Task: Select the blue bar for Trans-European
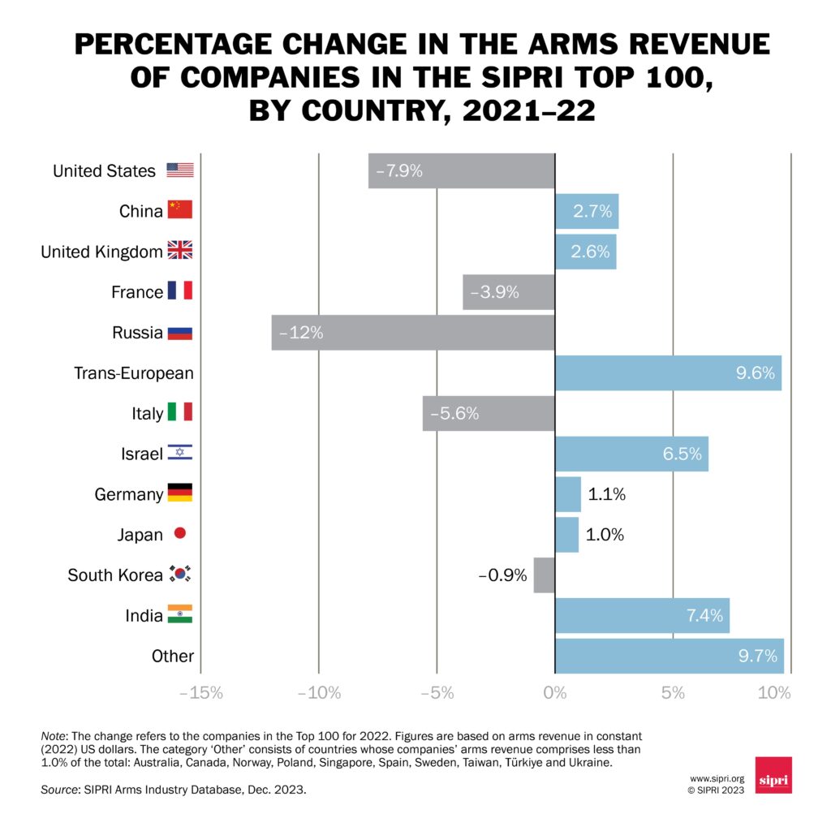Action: tap(668, 373)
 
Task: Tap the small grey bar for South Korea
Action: tap(544, 575)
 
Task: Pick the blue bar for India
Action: tap(642, 616)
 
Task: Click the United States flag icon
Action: tap(180, 170)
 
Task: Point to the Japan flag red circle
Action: tap(180, 534)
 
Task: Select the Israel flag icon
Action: tap(180, 454)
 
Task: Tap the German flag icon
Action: tap(180, 493)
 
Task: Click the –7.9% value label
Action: tap(398, 171)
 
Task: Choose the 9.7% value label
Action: tap(758, 657)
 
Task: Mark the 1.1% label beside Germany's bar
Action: tap(605, 494)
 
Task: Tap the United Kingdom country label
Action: tap(101, 252)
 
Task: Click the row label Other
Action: tap(172, 657)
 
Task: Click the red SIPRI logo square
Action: tap(773, 775)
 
